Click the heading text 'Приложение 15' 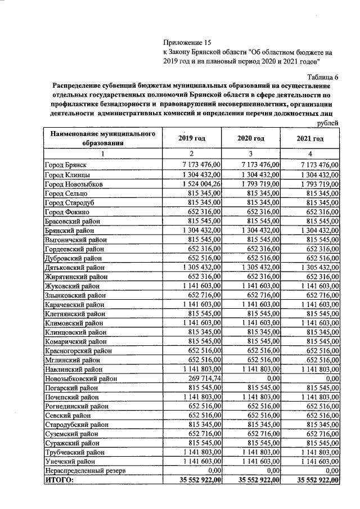[x=186, y=43]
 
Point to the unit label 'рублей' [x=328, y=123]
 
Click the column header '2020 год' [x=251, y=138]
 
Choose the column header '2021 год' [x=310, y=138]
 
